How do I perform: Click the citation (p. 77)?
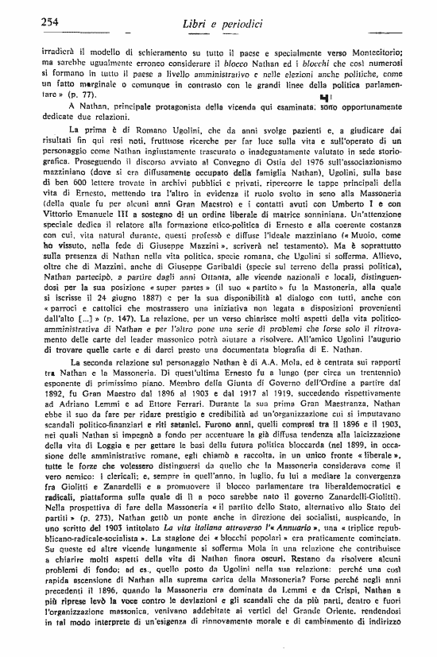pyautogui.click(x=57, y=93)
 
